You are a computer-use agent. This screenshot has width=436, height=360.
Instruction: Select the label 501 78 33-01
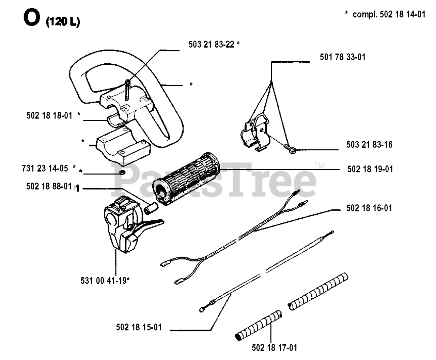point(342,57)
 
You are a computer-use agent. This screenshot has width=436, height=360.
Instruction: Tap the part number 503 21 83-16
point(369,145)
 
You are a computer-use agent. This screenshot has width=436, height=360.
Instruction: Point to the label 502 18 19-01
point(370,169)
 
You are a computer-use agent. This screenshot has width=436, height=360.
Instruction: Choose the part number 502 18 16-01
point(369,208)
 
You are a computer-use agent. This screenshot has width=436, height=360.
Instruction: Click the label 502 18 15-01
point(139,327)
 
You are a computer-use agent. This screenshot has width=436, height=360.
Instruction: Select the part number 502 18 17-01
point(274,348)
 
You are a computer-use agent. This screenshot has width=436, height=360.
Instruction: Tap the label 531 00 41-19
point(104,281)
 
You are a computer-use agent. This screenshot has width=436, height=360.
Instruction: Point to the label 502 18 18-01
point(49,115)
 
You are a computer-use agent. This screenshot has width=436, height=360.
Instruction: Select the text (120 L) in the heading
point(63,22)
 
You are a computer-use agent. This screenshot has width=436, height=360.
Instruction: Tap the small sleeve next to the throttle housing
point(150,208)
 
